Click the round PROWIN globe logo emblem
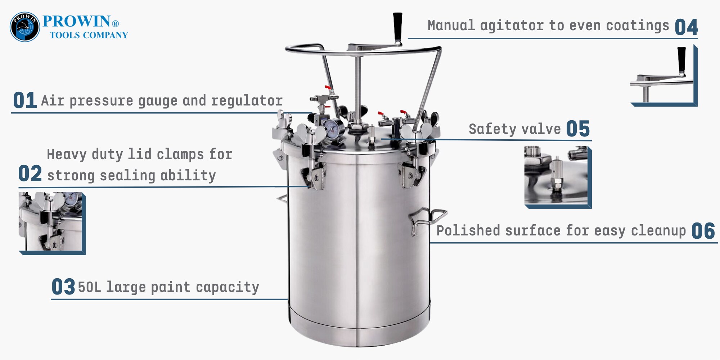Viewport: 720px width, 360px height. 24,27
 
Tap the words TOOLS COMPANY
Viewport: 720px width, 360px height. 89,35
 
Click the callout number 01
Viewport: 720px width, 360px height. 25,100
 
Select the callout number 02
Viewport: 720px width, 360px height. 30,174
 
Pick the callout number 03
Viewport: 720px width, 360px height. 63,287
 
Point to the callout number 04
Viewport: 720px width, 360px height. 686,27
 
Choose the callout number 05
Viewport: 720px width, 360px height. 578,129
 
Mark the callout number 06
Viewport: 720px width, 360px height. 703,231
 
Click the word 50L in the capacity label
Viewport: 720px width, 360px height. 90,287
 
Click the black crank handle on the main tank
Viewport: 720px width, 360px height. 397,27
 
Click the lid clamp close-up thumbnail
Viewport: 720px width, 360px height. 52,223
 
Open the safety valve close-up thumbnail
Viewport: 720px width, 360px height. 557,176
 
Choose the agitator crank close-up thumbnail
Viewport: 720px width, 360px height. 663,76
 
